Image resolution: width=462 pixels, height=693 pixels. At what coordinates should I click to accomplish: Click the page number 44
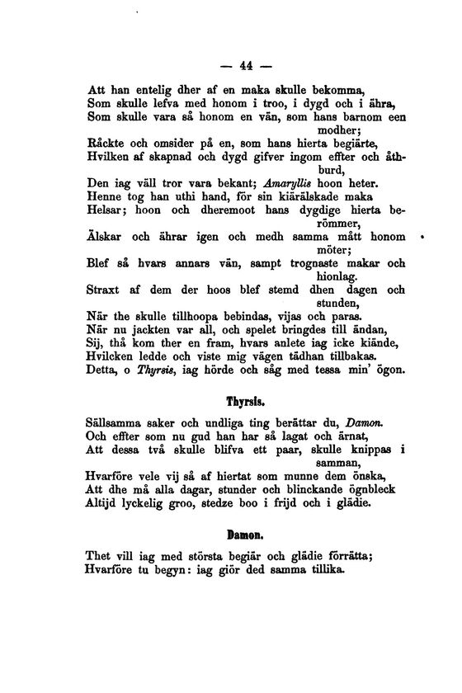[x=243, y=66]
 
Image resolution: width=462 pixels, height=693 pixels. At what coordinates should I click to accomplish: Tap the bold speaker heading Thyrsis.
[x=243, y=403]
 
